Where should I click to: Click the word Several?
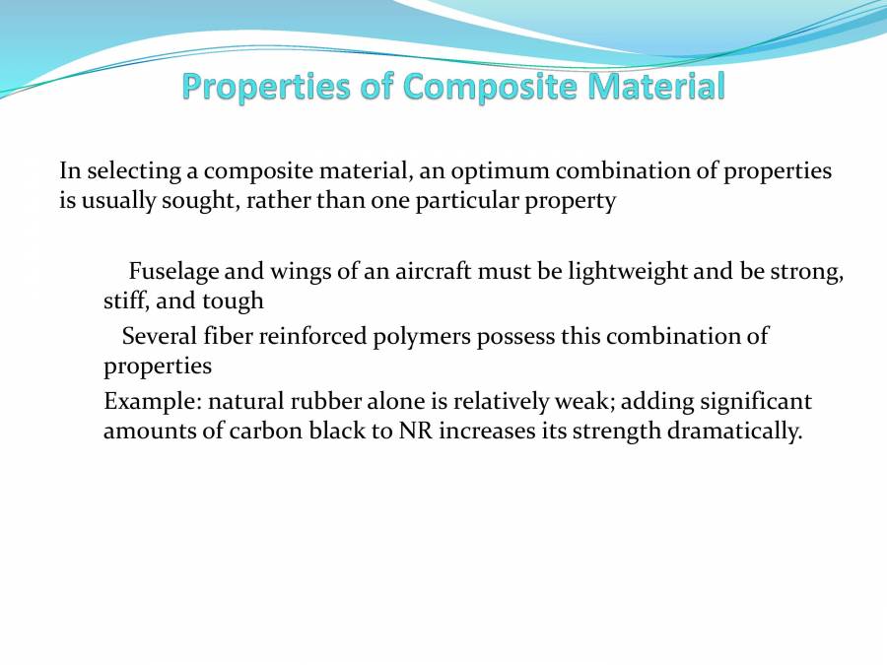(158, 336)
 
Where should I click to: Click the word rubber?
(322, 402)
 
